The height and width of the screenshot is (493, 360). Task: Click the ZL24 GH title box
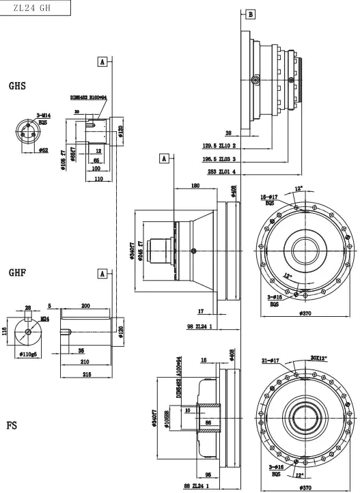36,9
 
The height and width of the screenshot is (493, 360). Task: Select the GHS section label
18,86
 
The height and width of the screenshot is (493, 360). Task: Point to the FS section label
12,425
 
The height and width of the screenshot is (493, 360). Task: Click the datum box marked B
250,14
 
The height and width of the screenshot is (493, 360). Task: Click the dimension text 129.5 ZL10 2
220,145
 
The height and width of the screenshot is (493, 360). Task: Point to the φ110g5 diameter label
27,355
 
